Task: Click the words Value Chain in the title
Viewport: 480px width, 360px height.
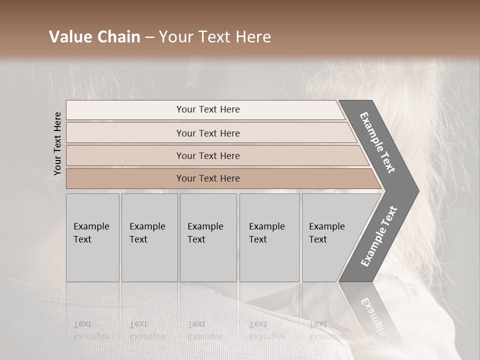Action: tap(94, 37)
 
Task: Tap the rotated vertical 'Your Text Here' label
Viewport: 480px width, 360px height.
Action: tap(57, 143)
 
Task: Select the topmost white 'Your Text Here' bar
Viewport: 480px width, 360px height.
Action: tap(207, 109)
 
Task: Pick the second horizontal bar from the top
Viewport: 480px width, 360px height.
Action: tap(207, 133)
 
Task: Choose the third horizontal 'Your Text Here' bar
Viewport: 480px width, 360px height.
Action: tap(207, 155)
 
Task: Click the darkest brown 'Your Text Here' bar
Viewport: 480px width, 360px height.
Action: tap(207, 178)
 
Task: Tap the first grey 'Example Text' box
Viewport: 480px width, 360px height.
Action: tap(92, 237)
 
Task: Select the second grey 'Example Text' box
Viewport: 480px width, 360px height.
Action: tap(149, 237)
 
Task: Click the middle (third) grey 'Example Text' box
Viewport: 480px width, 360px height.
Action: tap(208, 237)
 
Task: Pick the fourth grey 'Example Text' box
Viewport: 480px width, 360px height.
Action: tap(269, 237)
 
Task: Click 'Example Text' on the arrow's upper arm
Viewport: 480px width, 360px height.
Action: tap(378, 142)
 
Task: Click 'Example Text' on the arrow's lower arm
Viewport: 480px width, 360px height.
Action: tap(379, 236)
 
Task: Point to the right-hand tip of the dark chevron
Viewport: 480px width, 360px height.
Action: tap(417, 191)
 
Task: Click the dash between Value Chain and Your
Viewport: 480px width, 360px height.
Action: tap(149, 37)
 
